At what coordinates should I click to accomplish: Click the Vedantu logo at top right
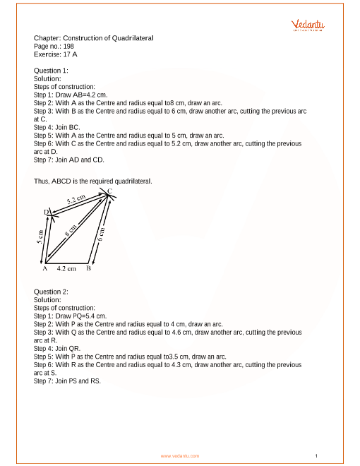click(308, 26)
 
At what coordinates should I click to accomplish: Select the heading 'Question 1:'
click(51, 71)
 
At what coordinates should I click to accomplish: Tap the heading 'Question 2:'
click(51, 292)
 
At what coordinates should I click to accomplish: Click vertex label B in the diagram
click(88, 268)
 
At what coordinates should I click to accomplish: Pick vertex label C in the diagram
click(109, 191)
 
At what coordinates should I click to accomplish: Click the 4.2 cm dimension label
click(66, 269)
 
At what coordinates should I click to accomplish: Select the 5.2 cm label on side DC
click(76, 201)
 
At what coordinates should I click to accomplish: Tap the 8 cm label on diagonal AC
click(72, 229)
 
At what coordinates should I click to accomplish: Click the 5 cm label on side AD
click(40, 237)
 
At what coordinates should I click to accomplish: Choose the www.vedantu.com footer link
click(180, 456)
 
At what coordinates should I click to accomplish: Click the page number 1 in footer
click(317, 455)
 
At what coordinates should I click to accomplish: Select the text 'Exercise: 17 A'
click(55, 53)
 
